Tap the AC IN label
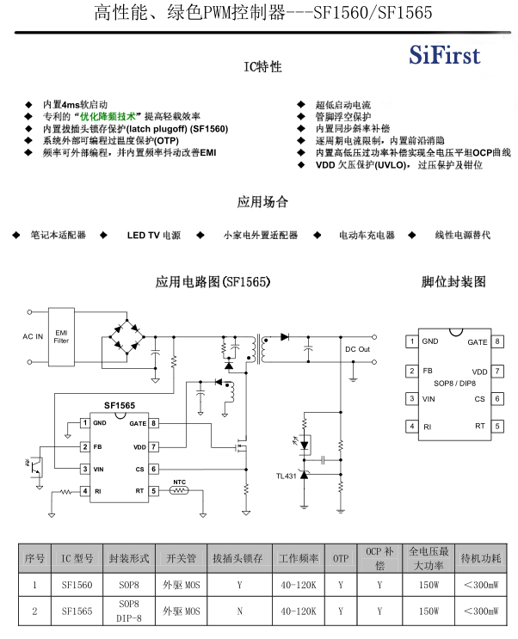[33, 335]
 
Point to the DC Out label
[357, 349]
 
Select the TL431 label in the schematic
[286, 476]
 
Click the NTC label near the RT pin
[179, 482]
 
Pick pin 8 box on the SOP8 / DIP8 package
[497, 341]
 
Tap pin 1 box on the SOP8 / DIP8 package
[412, 341]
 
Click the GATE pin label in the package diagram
[477, 342]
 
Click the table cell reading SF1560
[77, 586]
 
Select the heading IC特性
[262, 67]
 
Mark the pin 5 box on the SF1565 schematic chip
[153, 491]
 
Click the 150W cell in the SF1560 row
[425, 586]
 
